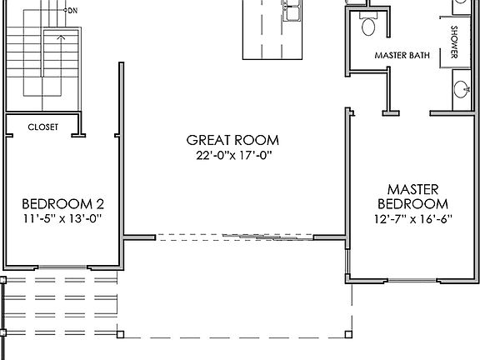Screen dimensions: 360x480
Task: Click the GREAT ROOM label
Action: pos(232,140)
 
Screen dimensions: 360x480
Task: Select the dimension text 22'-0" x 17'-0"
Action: pos(232,154)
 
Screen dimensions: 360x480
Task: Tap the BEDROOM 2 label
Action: pos(62,203)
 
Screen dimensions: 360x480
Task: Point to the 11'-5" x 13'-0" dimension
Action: pos(62,218)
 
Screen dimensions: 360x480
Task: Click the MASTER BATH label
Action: pos(402,56)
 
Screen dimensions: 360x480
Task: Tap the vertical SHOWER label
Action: pos(455,42)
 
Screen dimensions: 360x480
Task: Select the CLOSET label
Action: pos(43,127)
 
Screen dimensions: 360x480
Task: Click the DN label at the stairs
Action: pos(72,11)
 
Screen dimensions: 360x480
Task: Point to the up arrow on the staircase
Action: pos(59,37)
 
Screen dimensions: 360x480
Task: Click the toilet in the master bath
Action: pos(368,26)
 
